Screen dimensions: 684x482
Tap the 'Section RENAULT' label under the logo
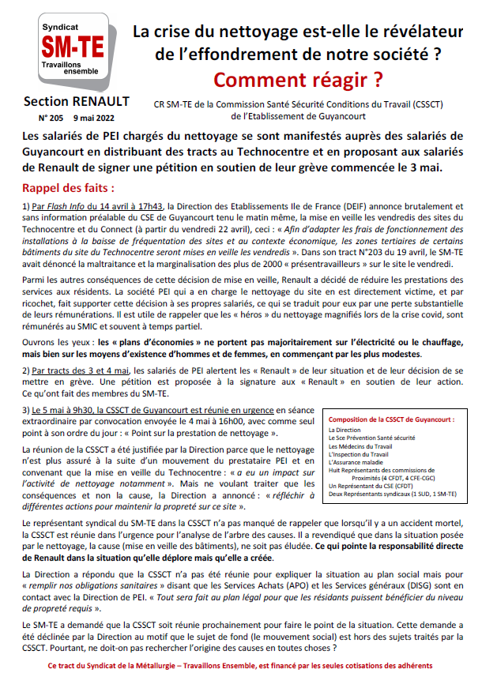[66, 102]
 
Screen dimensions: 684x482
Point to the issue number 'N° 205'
[41, 116]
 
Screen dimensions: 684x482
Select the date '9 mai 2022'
[88, 116]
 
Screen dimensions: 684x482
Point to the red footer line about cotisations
[240, 667]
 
